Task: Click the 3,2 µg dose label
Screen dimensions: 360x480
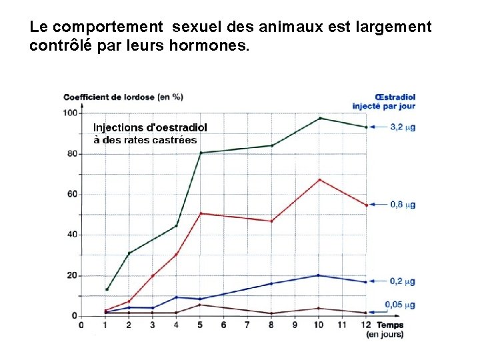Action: point(403,127)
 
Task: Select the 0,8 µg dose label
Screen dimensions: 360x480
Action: point(403,205)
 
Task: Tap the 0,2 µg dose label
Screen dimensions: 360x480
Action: point(403,281)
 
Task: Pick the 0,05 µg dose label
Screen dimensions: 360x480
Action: point(400,305)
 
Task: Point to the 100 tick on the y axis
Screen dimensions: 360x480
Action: point(70,113)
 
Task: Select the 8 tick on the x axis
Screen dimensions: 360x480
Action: point(271,325)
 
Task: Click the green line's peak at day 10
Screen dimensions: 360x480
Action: point(320,118)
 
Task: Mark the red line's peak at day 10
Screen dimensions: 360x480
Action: point(320,179)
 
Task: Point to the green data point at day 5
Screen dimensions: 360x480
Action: point(201,153)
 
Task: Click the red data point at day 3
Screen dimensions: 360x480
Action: point(153,275)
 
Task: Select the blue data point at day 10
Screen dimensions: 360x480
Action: point(319,275)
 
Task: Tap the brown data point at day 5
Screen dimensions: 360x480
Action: point(200,305)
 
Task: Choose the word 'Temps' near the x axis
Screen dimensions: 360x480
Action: point(390,325)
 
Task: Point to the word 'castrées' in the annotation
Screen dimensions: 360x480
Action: point(175,139)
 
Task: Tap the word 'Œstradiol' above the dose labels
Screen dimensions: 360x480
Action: point(395,97)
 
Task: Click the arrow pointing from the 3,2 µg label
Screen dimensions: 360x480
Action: point(378,127)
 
